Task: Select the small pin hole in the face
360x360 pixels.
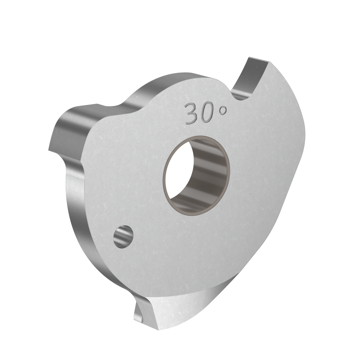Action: coord(123,237)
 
